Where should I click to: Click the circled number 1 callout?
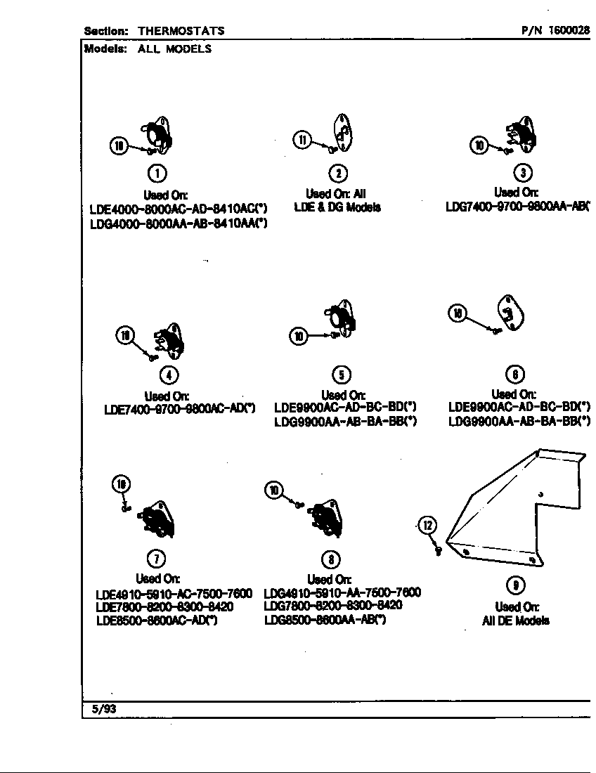(159, 173)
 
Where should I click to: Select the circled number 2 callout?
(339, 173)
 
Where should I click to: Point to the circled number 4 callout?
(168, 375)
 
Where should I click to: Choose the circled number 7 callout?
(155, 559)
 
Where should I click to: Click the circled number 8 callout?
(330, 559)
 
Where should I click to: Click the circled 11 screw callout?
(302, 140)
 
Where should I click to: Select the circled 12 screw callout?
(428, 525)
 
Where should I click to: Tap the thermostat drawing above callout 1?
(158, 134)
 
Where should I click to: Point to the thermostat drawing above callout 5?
(343, 318)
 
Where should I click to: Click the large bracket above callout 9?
(520, 506)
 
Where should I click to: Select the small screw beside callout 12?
(438, 551)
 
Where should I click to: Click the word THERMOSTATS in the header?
(181, 31)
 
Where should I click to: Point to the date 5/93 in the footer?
(104, 709)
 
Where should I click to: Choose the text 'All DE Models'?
(516, 621)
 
